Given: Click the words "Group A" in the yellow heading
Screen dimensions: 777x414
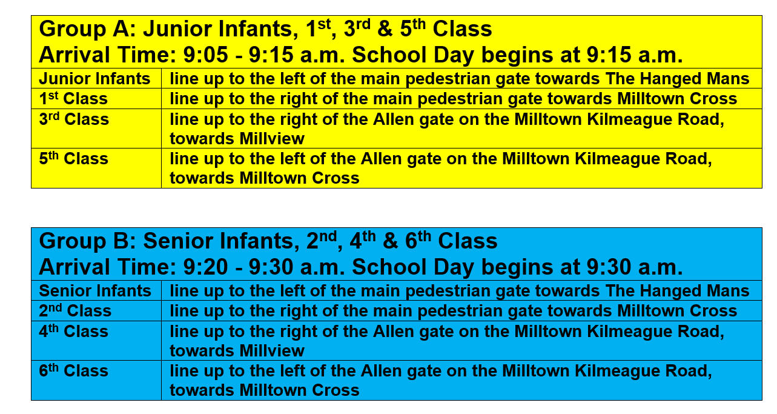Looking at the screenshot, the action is tap(87, 29).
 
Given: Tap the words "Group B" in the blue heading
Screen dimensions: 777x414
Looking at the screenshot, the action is tap(87, 241).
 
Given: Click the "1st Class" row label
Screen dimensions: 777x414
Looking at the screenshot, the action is tap(73, 98).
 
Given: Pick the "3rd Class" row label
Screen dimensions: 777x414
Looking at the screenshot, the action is tap(74, 119).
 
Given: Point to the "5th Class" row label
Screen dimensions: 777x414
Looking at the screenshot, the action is tap(73, 158).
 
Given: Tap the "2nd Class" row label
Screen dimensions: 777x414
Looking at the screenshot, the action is tap(75, 310).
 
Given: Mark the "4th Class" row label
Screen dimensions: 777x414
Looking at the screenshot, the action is tap(73, 331).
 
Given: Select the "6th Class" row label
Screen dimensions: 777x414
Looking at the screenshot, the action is tap(73, 370).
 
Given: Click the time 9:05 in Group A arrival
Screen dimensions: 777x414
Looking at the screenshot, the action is tap(206, 55).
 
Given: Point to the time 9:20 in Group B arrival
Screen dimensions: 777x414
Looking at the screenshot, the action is tap(206, 267).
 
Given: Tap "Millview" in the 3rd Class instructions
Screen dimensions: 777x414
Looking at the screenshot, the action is tap(271, 139).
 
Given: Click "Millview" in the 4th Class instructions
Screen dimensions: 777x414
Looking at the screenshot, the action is tap(271, 351).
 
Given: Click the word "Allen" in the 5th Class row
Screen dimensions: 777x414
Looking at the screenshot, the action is tap(381, 158).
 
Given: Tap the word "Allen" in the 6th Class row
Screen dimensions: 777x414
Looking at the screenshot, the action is tap(381, 370).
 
